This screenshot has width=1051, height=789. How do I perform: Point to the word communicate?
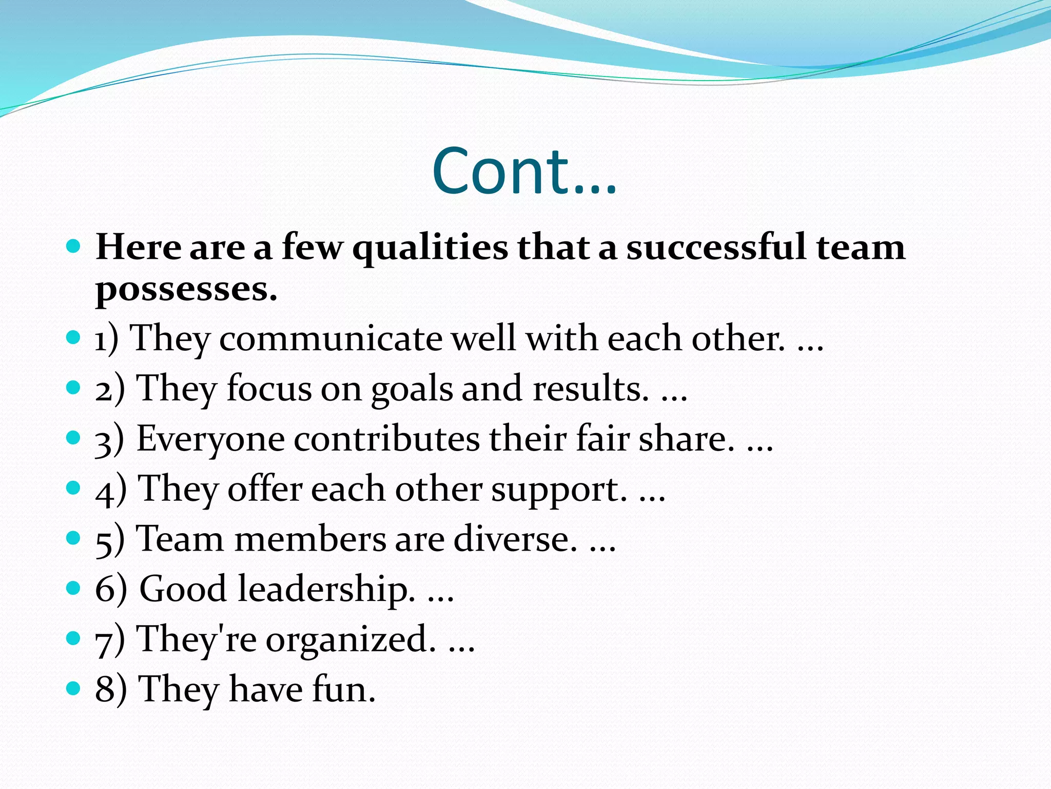(330, 339)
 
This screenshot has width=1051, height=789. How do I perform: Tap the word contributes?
(387, 439)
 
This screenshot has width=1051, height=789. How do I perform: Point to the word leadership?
(326, 589)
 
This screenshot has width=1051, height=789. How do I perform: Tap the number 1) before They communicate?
(107, 339)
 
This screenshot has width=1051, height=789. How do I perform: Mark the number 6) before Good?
(111, 589)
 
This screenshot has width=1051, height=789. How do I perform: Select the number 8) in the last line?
(111, 689)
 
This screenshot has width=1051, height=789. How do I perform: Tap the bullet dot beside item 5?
(74, 538)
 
